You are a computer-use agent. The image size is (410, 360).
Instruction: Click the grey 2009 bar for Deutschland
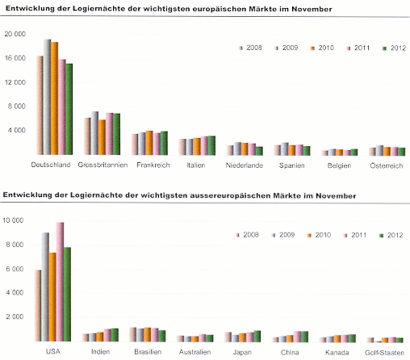48,97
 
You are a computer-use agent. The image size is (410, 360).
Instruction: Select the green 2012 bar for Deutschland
69,109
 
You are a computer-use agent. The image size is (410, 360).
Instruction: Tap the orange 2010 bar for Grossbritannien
102,137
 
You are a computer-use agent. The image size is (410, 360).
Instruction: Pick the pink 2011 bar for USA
60,282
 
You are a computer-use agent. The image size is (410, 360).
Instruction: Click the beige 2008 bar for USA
38,306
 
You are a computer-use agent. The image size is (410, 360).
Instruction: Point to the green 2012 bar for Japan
257,337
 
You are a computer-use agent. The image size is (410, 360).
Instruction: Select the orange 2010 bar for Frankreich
149,143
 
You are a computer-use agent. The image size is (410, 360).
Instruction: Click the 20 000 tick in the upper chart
15,34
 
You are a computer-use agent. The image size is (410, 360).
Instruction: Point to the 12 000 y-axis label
15,82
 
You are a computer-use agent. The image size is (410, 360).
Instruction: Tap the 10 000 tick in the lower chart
13,220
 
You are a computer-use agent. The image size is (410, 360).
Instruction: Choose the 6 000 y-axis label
15,269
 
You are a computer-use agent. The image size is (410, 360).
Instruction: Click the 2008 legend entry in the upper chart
250,48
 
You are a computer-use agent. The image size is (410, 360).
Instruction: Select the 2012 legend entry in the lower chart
391,236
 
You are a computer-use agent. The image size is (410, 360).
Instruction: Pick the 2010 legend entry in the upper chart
322,48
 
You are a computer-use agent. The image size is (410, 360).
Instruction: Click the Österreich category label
387,165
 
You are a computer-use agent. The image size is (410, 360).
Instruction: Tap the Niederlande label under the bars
245,165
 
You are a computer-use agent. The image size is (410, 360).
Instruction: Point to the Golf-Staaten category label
384,353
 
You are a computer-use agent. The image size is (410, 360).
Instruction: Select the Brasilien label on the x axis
148,352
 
